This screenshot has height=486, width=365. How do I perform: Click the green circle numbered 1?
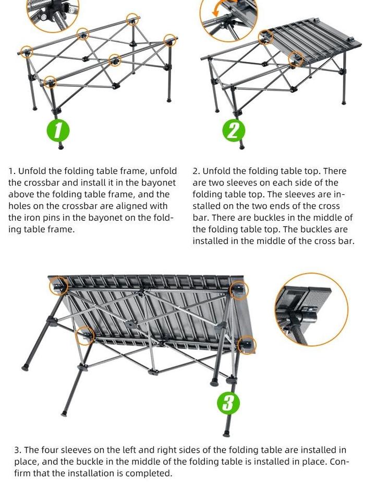(58, 130)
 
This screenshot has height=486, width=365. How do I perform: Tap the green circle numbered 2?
(234, 131)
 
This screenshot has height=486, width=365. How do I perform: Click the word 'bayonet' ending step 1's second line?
(159, 183)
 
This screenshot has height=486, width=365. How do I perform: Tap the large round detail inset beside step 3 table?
(312, 309)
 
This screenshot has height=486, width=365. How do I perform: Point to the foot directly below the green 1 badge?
(60, 146)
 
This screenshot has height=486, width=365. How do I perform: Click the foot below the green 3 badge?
(227, 433)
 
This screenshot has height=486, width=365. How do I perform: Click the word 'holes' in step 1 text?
(19, 206)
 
